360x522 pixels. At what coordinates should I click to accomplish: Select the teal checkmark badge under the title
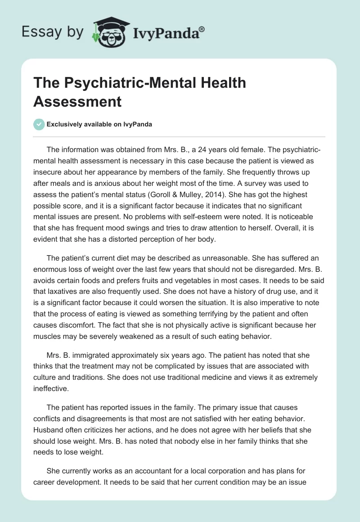39,124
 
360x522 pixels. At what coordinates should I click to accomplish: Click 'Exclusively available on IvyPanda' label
99,125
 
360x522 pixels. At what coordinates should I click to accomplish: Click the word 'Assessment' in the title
77,101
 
